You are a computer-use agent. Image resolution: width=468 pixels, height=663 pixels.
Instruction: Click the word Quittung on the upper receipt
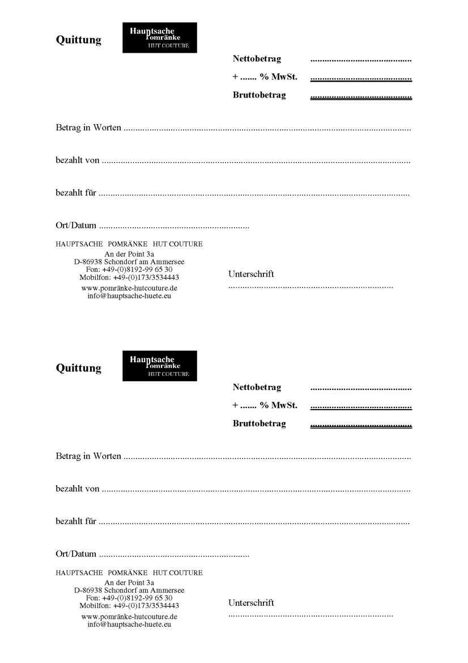[78, 40]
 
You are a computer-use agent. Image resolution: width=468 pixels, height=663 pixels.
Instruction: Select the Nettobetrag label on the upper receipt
[257, 58]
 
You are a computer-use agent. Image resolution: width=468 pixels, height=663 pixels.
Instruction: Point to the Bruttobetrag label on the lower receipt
[259, 423]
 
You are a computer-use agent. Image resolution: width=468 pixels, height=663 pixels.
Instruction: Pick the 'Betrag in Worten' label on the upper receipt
[88, 127]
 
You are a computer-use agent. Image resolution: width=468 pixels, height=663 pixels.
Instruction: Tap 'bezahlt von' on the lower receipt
[78, 488]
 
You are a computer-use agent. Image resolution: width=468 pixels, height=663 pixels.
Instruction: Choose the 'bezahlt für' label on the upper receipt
[76, 193]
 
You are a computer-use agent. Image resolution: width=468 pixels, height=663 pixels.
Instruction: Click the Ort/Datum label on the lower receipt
[76, 554]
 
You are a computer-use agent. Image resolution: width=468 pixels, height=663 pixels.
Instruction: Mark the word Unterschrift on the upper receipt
[251, 274]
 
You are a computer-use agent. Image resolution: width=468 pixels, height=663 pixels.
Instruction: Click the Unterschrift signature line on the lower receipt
[310, 615]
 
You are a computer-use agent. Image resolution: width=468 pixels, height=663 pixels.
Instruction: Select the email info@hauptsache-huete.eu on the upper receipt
[129, 296]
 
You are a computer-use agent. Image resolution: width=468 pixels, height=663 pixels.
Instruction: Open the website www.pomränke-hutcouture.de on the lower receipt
[129, 617]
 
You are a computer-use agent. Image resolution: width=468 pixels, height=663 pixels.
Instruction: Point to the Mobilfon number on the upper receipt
[129, 278]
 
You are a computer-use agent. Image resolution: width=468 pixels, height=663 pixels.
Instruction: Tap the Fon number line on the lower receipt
[129, 598]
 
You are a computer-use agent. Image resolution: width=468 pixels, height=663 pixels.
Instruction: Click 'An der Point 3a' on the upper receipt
[129, 254]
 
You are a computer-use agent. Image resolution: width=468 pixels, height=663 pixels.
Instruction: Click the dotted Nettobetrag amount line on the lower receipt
[361, 389]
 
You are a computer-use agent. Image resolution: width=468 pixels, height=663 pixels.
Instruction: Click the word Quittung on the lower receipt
[78, 368]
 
